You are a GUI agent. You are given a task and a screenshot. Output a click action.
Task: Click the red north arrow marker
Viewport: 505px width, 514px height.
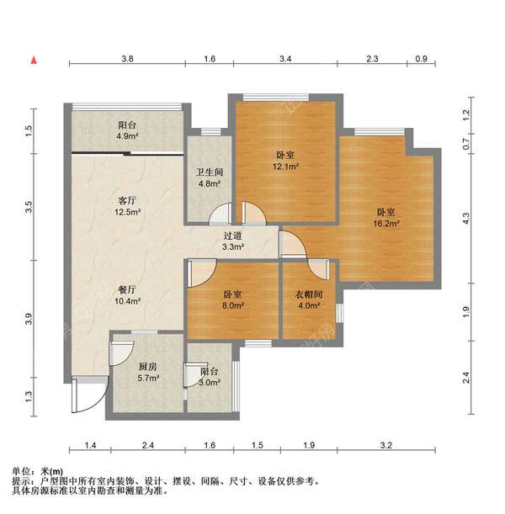point(34,60)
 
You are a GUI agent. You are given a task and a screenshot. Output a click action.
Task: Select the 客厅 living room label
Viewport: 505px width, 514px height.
point(126,201)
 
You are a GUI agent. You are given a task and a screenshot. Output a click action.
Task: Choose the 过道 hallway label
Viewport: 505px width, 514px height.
point(233,236)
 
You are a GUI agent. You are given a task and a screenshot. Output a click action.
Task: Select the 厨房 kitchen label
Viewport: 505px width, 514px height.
point(148,366)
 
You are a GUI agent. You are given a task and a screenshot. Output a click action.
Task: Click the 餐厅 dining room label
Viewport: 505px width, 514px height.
point(126,289)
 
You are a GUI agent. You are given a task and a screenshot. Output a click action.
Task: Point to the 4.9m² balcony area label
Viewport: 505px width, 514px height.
point(126,135)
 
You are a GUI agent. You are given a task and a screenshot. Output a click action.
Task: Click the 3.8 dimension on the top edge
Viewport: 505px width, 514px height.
point(127,59)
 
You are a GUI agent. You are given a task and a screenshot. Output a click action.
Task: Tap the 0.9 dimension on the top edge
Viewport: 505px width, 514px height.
point(422,59)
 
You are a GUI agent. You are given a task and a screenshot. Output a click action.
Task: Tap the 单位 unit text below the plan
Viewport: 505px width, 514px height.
point(24,472)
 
